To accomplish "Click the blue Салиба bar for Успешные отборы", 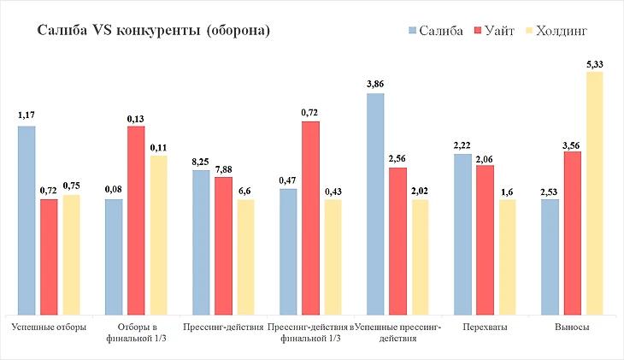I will pyautogui.click(x=26, y=220).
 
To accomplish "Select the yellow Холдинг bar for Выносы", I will pyautogui.click(x=594, y=192).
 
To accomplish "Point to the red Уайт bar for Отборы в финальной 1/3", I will pyautogui.click(x=136, y=220).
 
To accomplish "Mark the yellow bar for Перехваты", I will pyautogui.click(x=507, y=257).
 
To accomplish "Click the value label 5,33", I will pyautogui.click(x=594, y=63).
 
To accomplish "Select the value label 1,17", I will pyautogui.click(x=26, y=115).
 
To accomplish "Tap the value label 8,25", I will pyautogui.click(x=201, y=161).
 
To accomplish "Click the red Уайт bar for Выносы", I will pyautogui.click(x=572, y=233).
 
